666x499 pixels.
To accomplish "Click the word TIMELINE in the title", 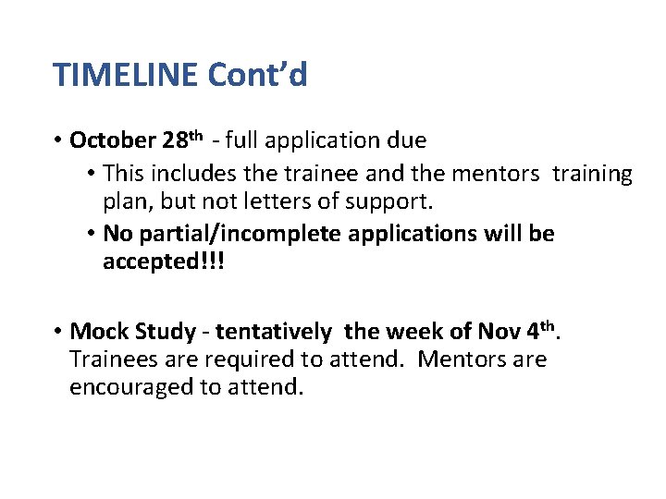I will tap(126, 74).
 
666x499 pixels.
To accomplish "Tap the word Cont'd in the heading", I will tap(257, 74).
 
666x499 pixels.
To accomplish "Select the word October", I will tap(113, 141).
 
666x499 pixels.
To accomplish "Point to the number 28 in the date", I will tap(174, 141).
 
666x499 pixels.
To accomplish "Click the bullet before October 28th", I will tap(57, 141).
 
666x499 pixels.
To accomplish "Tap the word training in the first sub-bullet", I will tap(592, 174).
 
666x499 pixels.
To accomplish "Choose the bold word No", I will tap(117, 234).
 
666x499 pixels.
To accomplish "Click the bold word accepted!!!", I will tap(164, 262).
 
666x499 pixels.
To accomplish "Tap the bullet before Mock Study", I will tap(57, 331).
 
